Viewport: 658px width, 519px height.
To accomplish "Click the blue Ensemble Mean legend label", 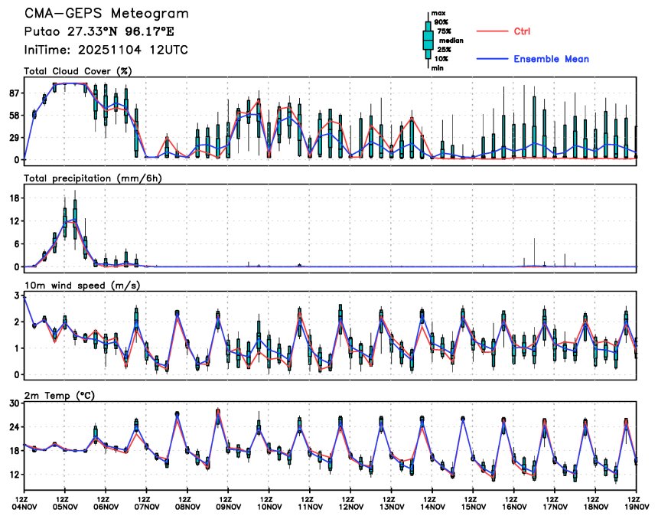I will click(x=551, y=59).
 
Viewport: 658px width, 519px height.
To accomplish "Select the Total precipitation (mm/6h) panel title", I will click(x=91, y=178).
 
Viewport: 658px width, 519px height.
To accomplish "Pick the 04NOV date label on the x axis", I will click(x=24, y=506).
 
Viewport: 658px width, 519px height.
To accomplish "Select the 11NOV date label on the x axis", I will click(x=310, y=506).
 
